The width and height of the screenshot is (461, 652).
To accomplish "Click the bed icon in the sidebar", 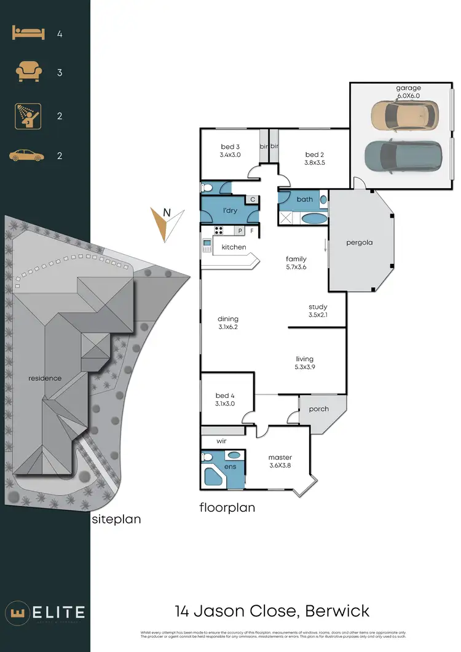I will (28, 34).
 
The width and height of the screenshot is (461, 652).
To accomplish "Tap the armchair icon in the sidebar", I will (28, 73).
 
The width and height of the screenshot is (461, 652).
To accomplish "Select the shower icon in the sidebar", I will (28, 116).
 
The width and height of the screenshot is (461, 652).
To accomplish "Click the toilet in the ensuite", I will (207, 458).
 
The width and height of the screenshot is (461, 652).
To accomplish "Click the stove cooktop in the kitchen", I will (219, 231).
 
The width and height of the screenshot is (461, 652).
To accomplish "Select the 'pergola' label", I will (360, 242).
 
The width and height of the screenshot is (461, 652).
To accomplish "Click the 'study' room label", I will (318, 307).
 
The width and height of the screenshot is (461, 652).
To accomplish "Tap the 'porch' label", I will (318, 409).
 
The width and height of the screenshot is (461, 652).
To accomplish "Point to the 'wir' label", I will (222, 441).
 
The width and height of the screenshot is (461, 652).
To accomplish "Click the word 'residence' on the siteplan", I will (45, 378).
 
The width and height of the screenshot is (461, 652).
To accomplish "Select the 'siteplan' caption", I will (116, 519).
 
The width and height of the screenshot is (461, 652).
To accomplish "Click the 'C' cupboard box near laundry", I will (252, 199).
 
